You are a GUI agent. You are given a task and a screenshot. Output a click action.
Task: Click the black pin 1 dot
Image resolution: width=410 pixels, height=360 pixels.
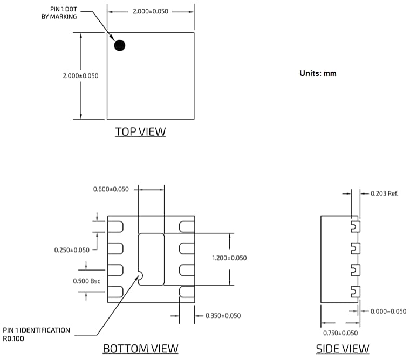click(x=120, y=45)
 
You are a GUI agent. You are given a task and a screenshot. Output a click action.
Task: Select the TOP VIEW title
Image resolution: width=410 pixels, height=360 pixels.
click(x=140, y=131)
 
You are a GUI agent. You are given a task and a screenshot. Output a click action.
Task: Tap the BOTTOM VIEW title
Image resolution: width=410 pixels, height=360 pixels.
click(x=140, y=349)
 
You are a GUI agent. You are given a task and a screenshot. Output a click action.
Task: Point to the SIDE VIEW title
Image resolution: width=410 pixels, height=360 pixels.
click(x=343, y=349)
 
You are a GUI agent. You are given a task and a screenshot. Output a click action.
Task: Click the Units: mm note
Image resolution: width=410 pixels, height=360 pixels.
click(x=318, y=73)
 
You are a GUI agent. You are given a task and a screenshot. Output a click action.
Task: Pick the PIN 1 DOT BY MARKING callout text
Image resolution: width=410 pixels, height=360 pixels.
click(x=59, y=12)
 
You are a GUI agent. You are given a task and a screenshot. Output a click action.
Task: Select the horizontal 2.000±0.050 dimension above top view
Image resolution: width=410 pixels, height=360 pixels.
click(x=151, y=11)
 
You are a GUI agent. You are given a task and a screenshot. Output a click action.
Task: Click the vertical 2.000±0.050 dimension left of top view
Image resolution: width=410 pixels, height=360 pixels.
click(x=80, y=76)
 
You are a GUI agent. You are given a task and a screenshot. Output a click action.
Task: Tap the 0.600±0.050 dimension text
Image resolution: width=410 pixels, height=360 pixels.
click(x=111, y=189)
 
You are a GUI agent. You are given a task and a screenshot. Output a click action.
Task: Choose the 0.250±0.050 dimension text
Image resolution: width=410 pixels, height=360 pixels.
click(x=72, y=250)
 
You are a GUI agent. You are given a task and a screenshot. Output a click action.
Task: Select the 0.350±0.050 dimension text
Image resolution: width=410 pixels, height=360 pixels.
click(x=223, y=316)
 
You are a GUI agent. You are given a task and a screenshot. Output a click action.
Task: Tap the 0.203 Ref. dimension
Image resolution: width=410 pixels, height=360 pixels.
click(x=385, y=193)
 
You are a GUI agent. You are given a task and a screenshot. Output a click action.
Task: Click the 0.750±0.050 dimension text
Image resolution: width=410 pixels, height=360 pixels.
click(x=340, y=333)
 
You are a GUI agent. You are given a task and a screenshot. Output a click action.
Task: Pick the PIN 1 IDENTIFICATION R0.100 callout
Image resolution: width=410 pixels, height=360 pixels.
click(x=36, y=335)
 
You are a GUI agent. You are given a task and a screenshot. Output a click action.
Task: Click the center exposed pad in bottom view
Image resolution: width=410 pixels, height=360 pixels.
click(x=152, y=259)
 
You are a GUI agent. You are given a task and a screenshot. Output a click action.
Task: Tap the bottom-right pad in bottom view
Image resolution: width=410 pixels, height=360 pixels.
click(x=187, y=292)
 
